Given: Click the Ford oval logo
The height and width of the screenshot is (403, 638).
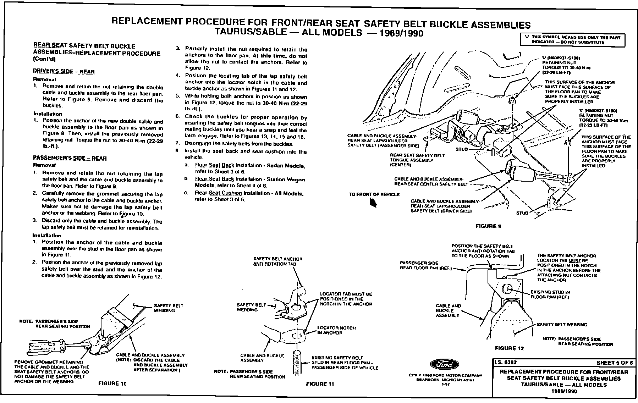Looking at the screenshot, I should point(444,365).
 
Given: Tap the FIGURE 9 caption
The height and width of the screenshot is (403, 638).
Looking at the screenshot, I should point(488,226).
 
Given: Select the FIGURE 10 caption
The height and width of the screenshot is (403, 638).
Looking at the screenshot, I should point(112,383).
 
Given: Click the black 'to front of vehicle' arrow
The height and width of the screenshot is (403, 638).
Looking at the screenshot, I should point(373,203).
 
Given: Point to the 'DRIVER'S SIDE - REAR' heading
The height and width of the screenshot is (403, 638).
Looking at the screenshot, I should point(64,71).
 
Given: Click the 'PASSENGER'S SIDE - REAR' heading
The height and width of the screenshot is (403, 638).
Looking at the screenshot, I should point(70,158).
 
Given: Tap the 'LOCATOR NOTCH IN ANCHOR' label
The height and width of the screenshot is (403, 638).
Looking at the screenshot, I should point(336,330).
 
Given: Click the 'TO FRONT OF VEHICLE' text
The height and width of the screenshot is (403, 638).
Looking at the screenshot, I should point(374,194).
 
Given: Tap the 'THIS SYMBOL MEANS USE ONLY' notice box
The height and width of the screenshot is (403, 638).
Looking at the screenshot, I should point(572,39).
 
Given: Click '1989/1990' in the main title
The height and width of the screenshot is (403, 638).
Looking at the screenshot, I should point(400,33).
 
